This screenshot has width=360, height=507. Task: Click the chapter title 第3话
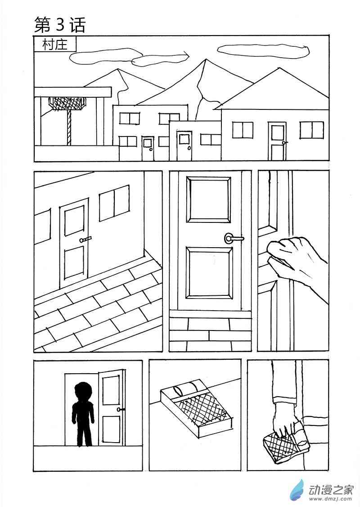pos(60,25)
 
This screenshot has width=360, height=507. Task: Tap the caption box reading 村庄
pos(55,45)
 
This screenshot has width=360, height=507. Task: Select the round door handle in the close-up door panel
pos(229,239)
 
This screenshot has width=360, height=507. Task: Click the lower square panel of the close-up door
pos(209,273)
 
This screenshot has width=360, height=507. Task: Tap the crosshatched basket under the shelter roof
pos(67,104)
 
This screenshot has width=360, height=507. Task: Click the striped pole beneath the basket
pos(69,128)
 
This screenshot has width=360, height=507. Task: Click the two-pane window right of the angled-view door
pos(114,203)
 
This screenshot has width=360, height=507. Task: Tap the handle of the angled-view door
pos(85,240)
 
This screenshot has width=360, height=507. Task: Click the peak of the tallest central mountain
pos(206,59)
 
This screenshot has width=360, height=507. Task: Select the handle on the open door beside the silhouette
pos(120,409)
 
